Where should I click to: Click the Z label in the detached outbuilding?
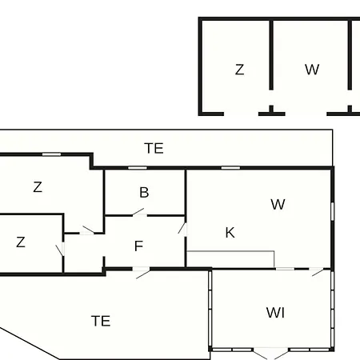click(x=239, y=70)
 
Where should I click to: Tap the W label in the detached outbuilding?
click(x=312, y=70)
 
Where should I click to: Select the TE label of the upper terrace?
click(x=154, y=148)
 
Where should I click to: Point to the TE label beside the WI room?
click(x=101, y=321)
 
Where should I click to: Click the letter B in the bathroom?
click(x=144, y=192)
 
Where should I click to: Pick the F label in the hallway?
click(x=138, y=246)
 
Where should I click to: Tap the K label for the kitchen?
click(x=230, y=233)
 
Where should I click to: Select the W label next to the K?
click(x=278, y=205)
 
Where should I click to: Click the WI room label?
click(x=275, y=313)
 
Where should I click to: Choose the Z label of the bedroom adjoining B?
click(x=38, y=187)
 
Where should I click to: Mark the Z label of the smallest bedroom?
click(x=21, y=242)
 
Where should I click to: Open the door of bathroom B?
click(x=139, y=212)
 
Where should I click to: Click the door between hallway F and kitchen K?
click(x=183, y=229)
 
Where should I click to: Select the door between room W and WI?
click(x=318, y=272)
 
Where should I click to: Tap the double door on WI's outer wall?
click(x=270, y=354)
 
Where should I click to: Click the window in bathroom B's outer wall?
click(x=138, y=168)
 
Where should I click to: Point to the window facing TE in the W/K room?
click(x=230, y=168)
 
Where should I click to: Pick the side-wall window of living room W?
click(x=333, y=211)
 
